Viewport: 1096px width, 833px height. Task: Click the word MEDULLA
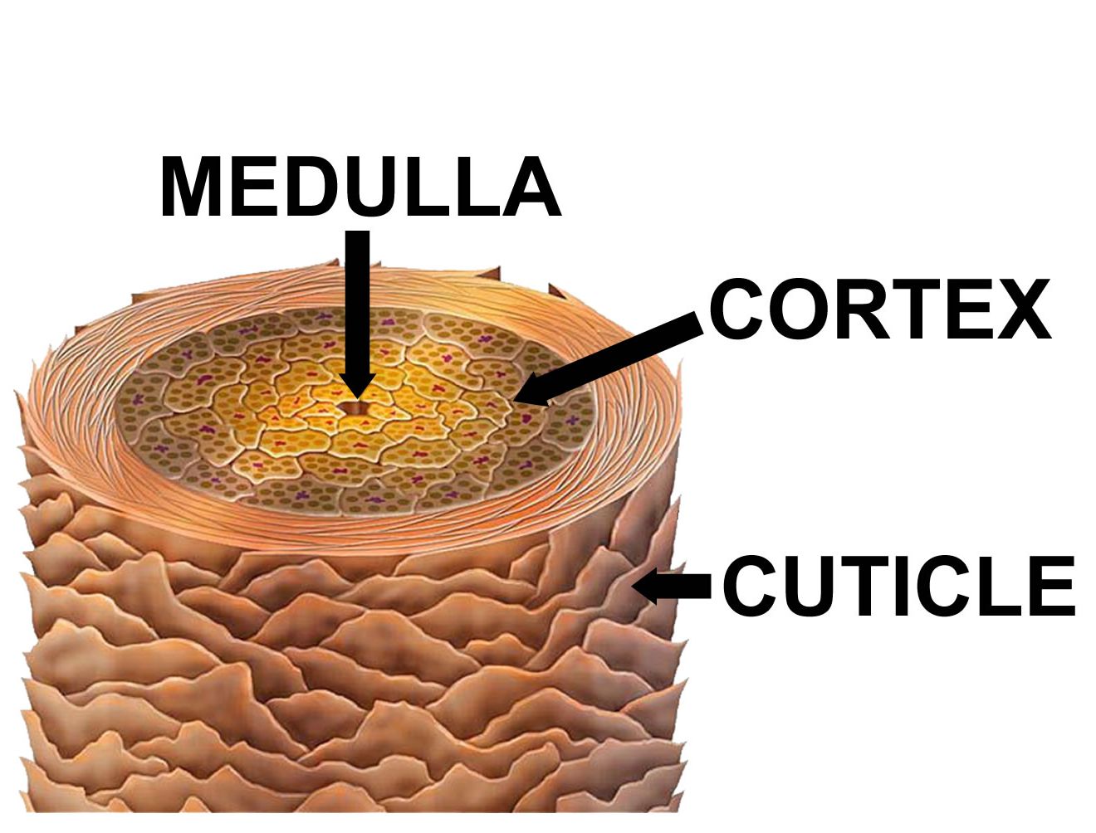click(x=360, y=186)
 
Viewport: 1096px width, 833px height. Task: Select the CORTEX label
click(x=880, y=309)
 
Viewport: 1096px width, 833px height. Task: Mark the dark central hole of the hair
click(x=354, y=408)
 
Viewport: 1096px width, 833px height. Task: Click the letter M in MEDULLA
click(x=191, y=186)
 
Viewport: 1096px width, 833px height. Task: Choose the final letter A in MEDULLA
click(x=531, y=186)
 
